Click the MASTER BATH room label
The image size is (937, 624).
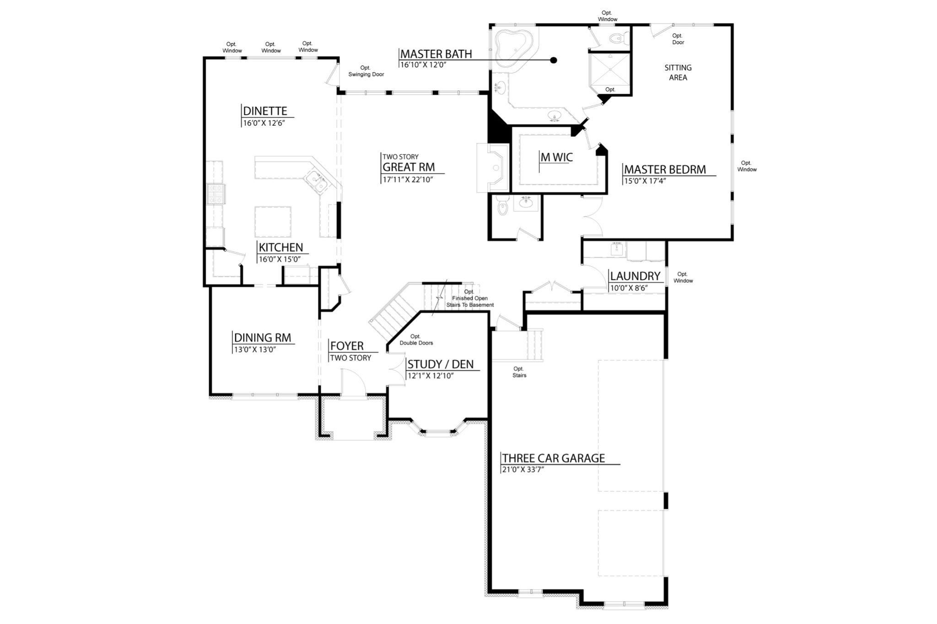point(436,54)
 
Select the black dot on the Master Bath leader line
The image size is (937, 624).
point(554,60)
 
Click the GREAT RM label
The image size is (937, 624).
point(409,167)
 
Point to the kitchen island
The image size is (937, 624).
point(273,221)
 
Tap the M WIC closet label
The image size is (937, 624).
point(556,157)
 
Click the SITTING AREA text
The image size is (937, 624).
point(678,72)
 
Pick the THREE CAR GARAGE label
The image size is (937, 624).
point(553,458)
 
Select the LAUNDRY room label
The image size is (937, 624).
point(635,276)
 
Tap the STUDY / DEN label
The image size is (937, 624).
point(440,364)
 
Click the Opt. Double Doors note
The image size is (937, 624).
point(416,340)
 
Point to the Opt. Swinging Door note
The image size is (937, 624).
point(366,71)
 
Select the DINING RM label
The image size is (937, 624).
point(262,338)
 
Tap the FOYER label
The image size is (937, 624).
point(347,346)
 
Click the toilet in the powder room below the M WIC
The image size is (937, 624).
point(502,207)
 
